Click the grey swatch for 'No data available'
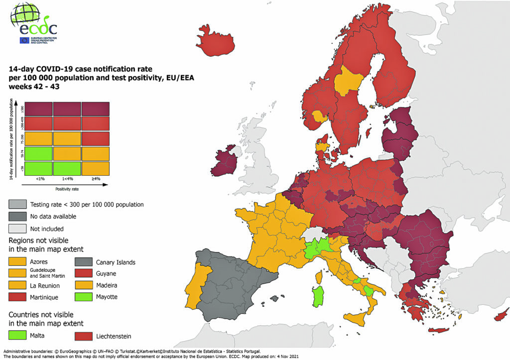(x=18, y=217)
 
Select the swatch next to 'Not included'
(x=18, y=229)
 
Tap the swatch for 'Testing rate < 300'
(x=18, y=204)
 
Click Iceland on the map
(x=215, y=42)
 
